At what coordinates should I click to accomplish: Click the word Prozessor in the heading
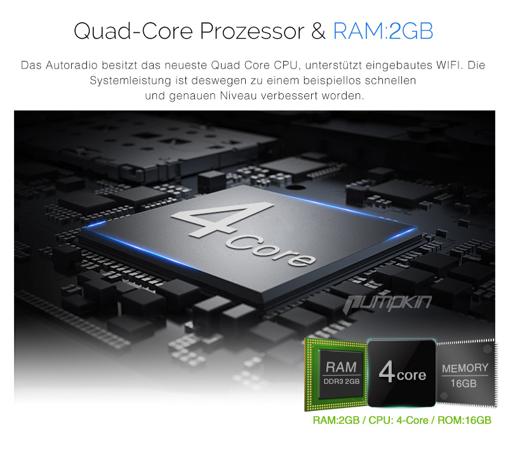tap(252, 32)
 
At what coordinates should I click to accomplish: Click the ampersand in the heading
tap(319, 31)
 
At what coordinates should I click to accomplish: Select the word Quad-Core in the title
tap(133, 31)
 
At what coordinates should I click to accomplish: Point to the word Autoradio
tap(72, 65)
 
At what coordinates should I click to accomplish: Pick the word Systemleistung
tap(130, 81)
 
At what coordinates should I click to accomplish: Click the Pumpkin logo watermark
tap(387, 304)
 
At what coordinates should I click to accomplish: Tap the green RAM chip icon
tap(337, 374)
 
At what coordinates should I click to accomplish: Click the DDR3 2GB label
tap(342, 381)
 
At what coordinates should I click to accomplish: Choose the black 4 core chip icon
tap(402, 373)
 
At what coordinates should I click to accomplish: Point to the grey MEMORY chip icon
tap(466, 373)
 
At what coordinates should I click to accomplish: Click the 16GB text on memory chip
tap(464, 384)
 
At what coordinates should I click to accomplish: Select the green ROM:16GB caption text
tap(464, 420)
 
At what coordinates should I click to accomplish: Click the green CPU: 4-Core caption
tap(398, 420)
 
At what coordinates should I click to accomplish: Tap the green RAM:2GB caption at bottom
tap(337, 420)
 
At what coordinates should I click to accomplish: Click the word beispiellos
tap(331, 81)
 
